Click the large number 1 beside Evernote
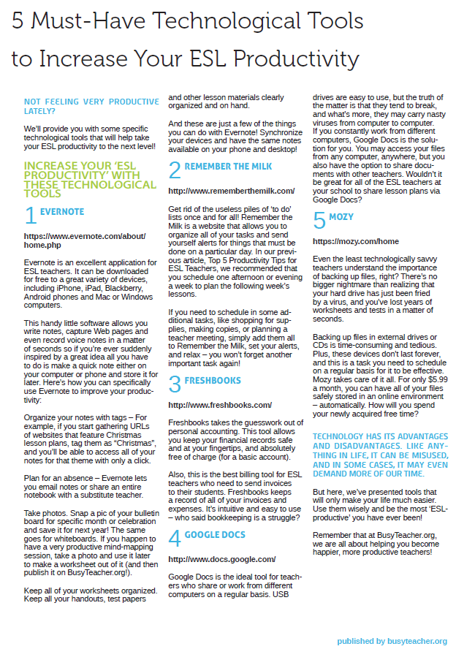pos(31,215)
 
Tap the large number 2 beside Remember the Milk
pos(175,170)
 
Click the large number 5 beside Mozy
pos(319,220)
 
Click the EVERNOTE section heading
pos(63,212)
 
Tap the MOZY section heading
pos(341,217)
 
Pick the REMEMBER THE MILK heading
pos(228,167)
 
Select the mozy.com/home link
pos(356,241)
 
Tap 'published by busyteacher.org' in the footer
pos(392,641)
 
